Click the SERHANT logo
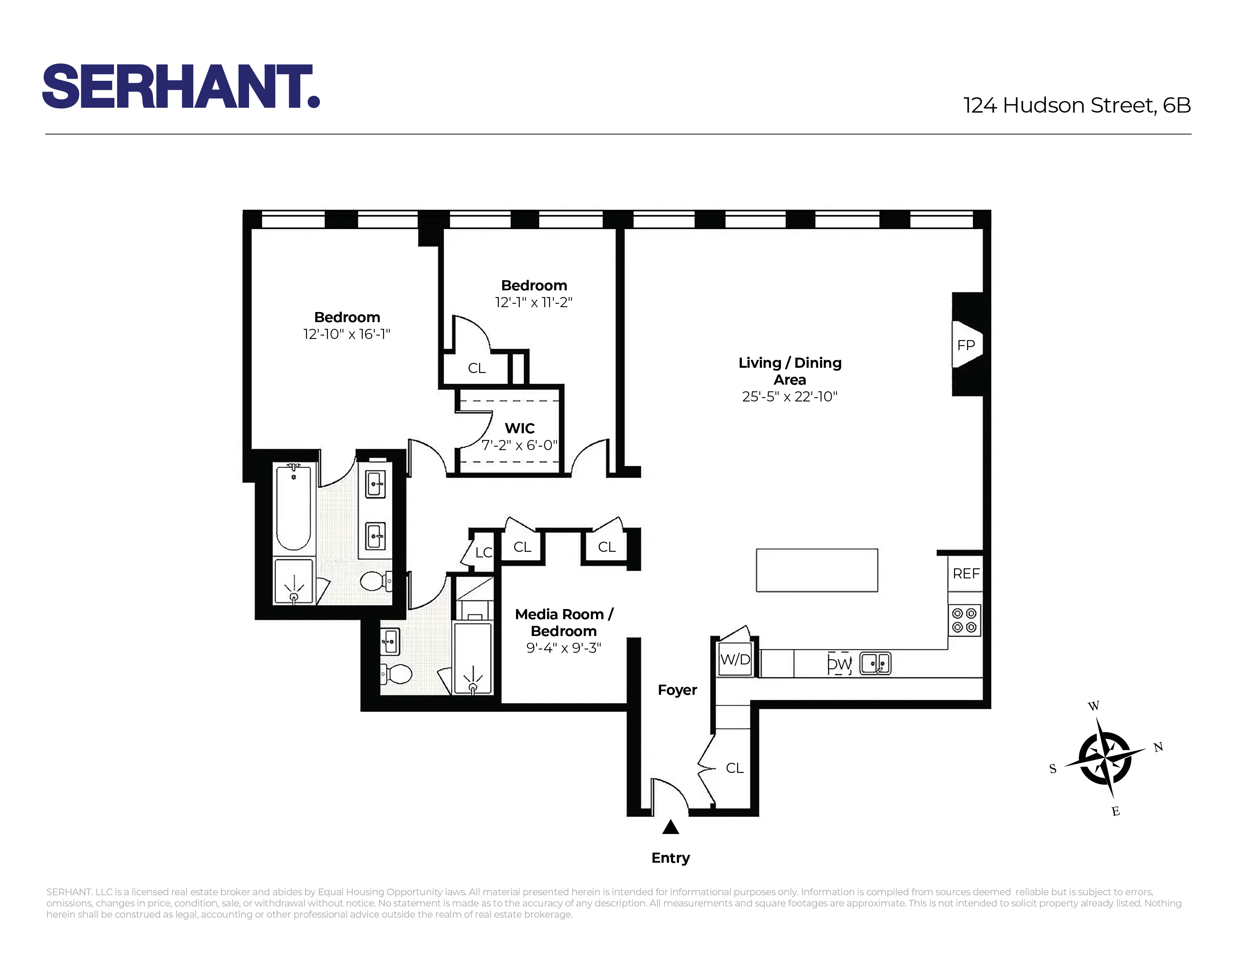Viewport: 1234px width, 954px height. (181, 86)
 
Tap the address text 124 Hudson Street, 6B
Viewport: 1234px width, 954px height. (1076, 106)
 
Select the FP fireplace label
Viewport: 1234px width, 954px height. (966, 345)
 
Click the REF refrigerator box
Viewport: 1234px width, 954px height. (966, 574)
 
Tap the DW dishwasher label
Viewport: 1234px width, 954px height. (839, 664)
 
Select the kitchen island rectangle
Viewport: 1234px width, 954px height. (816, 570)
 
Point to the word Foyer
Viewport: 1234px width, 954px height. (677, 690)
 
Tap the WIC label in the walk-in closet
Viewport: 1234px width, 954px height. (519, 428)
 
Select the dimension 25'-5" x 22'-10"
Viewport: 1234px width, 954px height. (789, 397)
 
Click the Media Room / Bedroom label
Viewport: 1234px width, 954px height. (563, 622)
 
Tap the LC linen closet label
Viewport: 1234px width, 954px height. (484, 552)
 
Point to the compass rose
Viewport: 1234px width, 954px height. (1105, 758)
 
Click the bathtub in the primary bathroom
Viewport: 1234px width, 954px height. (293, 507)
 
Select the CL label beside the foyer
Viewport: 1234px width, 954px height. (734, 768)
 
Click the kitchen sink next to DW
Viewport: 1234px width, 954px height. (875, 664)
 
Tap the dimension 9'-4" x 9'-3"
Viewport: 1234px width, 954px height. (563, 648)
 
